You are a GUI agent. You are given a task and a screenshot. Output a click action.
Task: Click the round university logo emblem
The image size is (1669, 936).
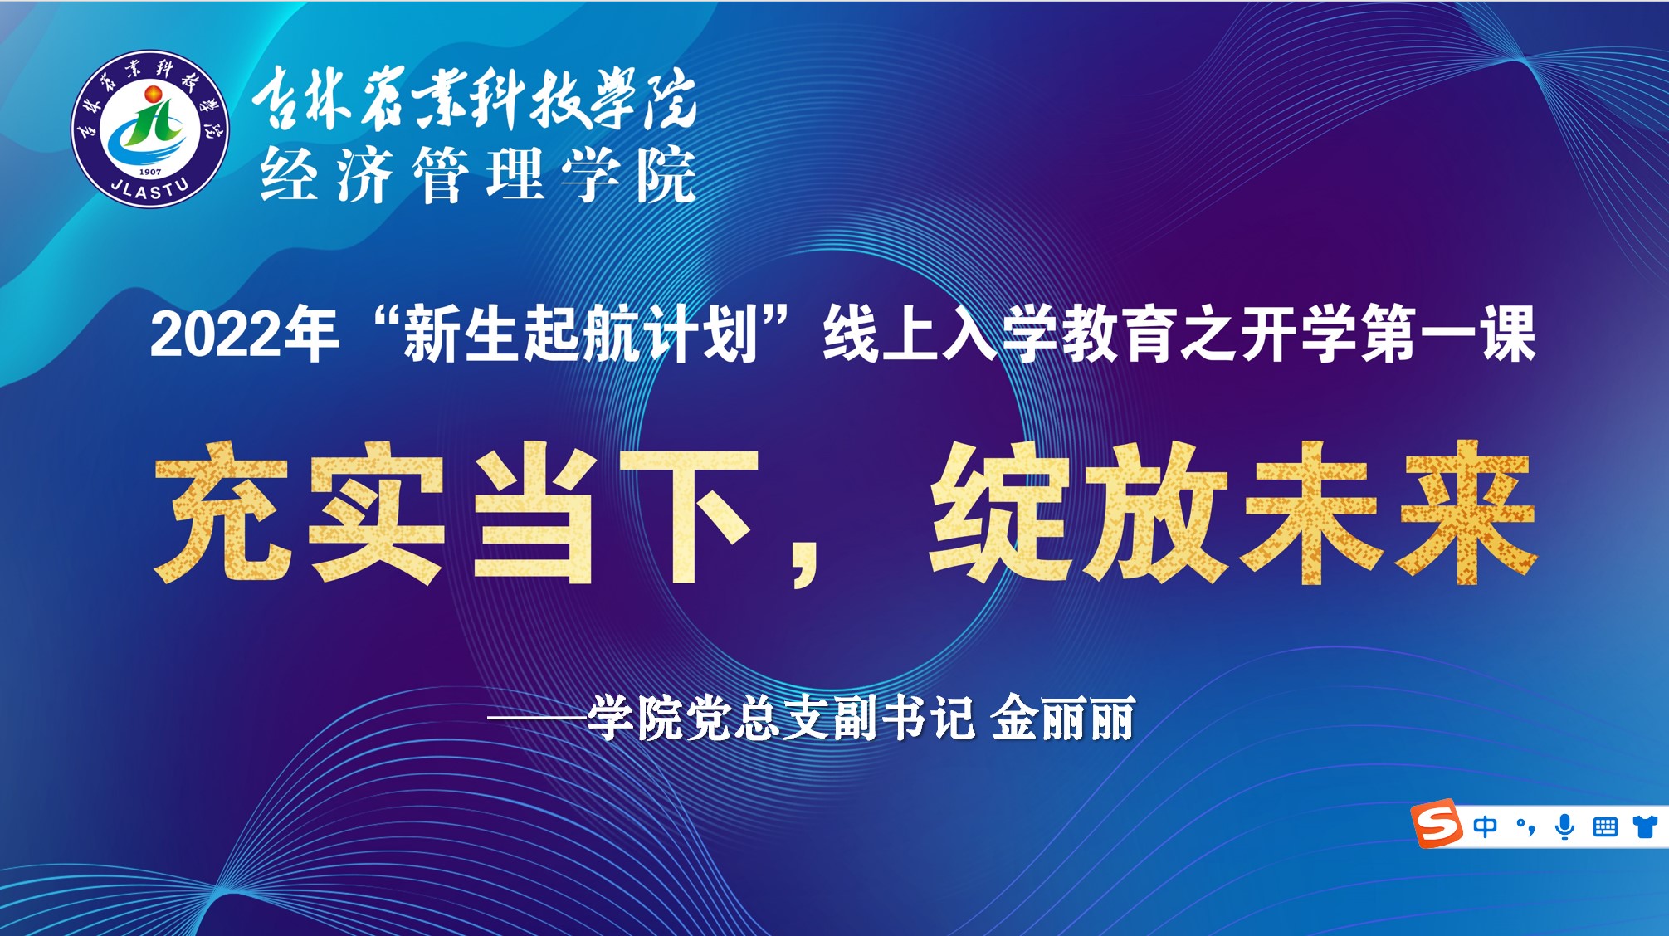pyautogui.click(x=150, y=129)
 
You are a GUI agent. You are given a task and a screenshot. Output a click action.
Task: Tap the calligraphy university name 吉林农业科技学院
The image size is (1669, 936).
pyautogui.click(x=475, y=99)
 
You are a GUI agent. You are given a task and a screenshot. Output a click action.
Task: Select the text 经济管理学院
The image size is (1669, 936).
pyautogui.click(x=478, y=175)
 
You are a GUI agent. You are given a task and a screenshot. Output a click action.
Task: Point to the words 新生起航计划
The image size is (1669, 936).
pyautogui.click(x=580, y=334)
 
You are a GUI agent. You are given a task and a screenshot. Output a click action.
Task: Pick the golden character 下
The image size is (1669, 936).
pyautogui.click(x=689, y=514)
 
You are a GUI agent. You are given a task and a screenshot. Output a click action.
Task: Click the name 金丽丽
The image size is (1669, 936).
pyautogui.click(x=1063, y=718)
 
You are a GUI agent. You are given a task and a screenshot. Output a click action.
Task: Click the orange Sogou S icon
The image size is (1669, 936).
pyautogui.click(x=1436, y=824)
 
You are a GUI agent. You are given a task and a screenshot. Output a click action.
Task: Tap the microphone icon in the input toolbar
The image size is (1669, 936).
pyautogui.click(x=1564, y=826)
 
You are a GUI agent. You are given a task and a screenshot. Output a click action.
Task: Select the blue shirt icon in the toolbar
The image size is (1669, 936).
pyautogui.click(x=1645, y=826)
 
